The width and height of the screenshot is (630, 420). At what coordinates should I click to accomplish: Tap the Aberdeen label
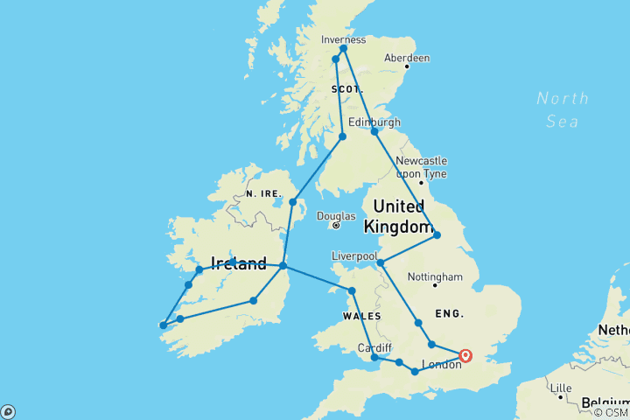point(409,58)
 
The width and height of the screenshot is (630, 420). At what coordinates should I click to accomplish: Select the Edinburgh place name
point(374,122)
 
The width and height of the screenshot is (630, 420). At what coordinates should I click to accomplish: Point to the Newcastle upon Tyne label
point(421,166)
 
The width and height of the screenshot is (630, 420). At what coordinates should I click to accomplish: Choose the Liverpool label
point(354,255)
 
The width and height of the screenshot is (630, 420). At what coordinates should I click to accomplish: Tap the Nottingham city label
point(435,277)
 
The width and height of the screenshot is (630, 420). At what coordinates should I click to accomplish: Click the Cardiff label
point(374,347)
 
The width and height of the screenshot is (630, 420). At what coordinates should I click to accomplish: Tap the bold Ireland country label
point(238,263)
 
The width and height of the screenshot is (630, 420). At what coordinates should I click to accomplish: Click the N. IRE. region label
point(262,193)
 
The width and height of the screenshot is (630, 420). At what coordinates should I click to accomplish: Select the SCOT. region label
point(346,89)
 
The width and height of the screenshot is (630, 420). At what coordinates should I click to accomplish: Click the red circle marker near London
point(465,355)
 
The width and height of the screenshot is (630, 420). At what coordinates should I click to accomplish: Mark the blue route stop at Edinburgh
point(374,132)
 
